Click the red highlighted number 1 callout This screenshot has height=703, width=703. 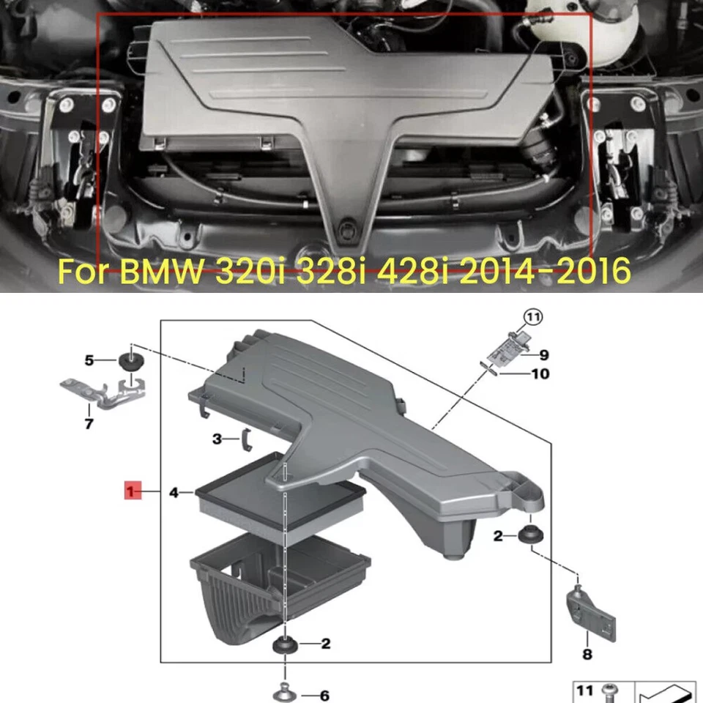[x=132, y=492]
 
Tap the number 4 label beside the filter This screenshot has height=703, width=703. [x=174, y=493]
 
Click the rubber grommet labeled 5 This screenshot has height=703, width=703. [x=130, y=360]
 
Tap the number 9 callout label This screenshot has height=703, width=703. [x=543, y=356]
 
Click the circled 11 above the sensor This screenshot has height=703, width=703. [x=531, y=318]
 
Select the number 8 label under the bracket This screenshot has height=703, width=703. [x=586, y=655]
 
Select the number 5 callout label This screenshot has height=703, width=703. [x=89, y=360]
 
